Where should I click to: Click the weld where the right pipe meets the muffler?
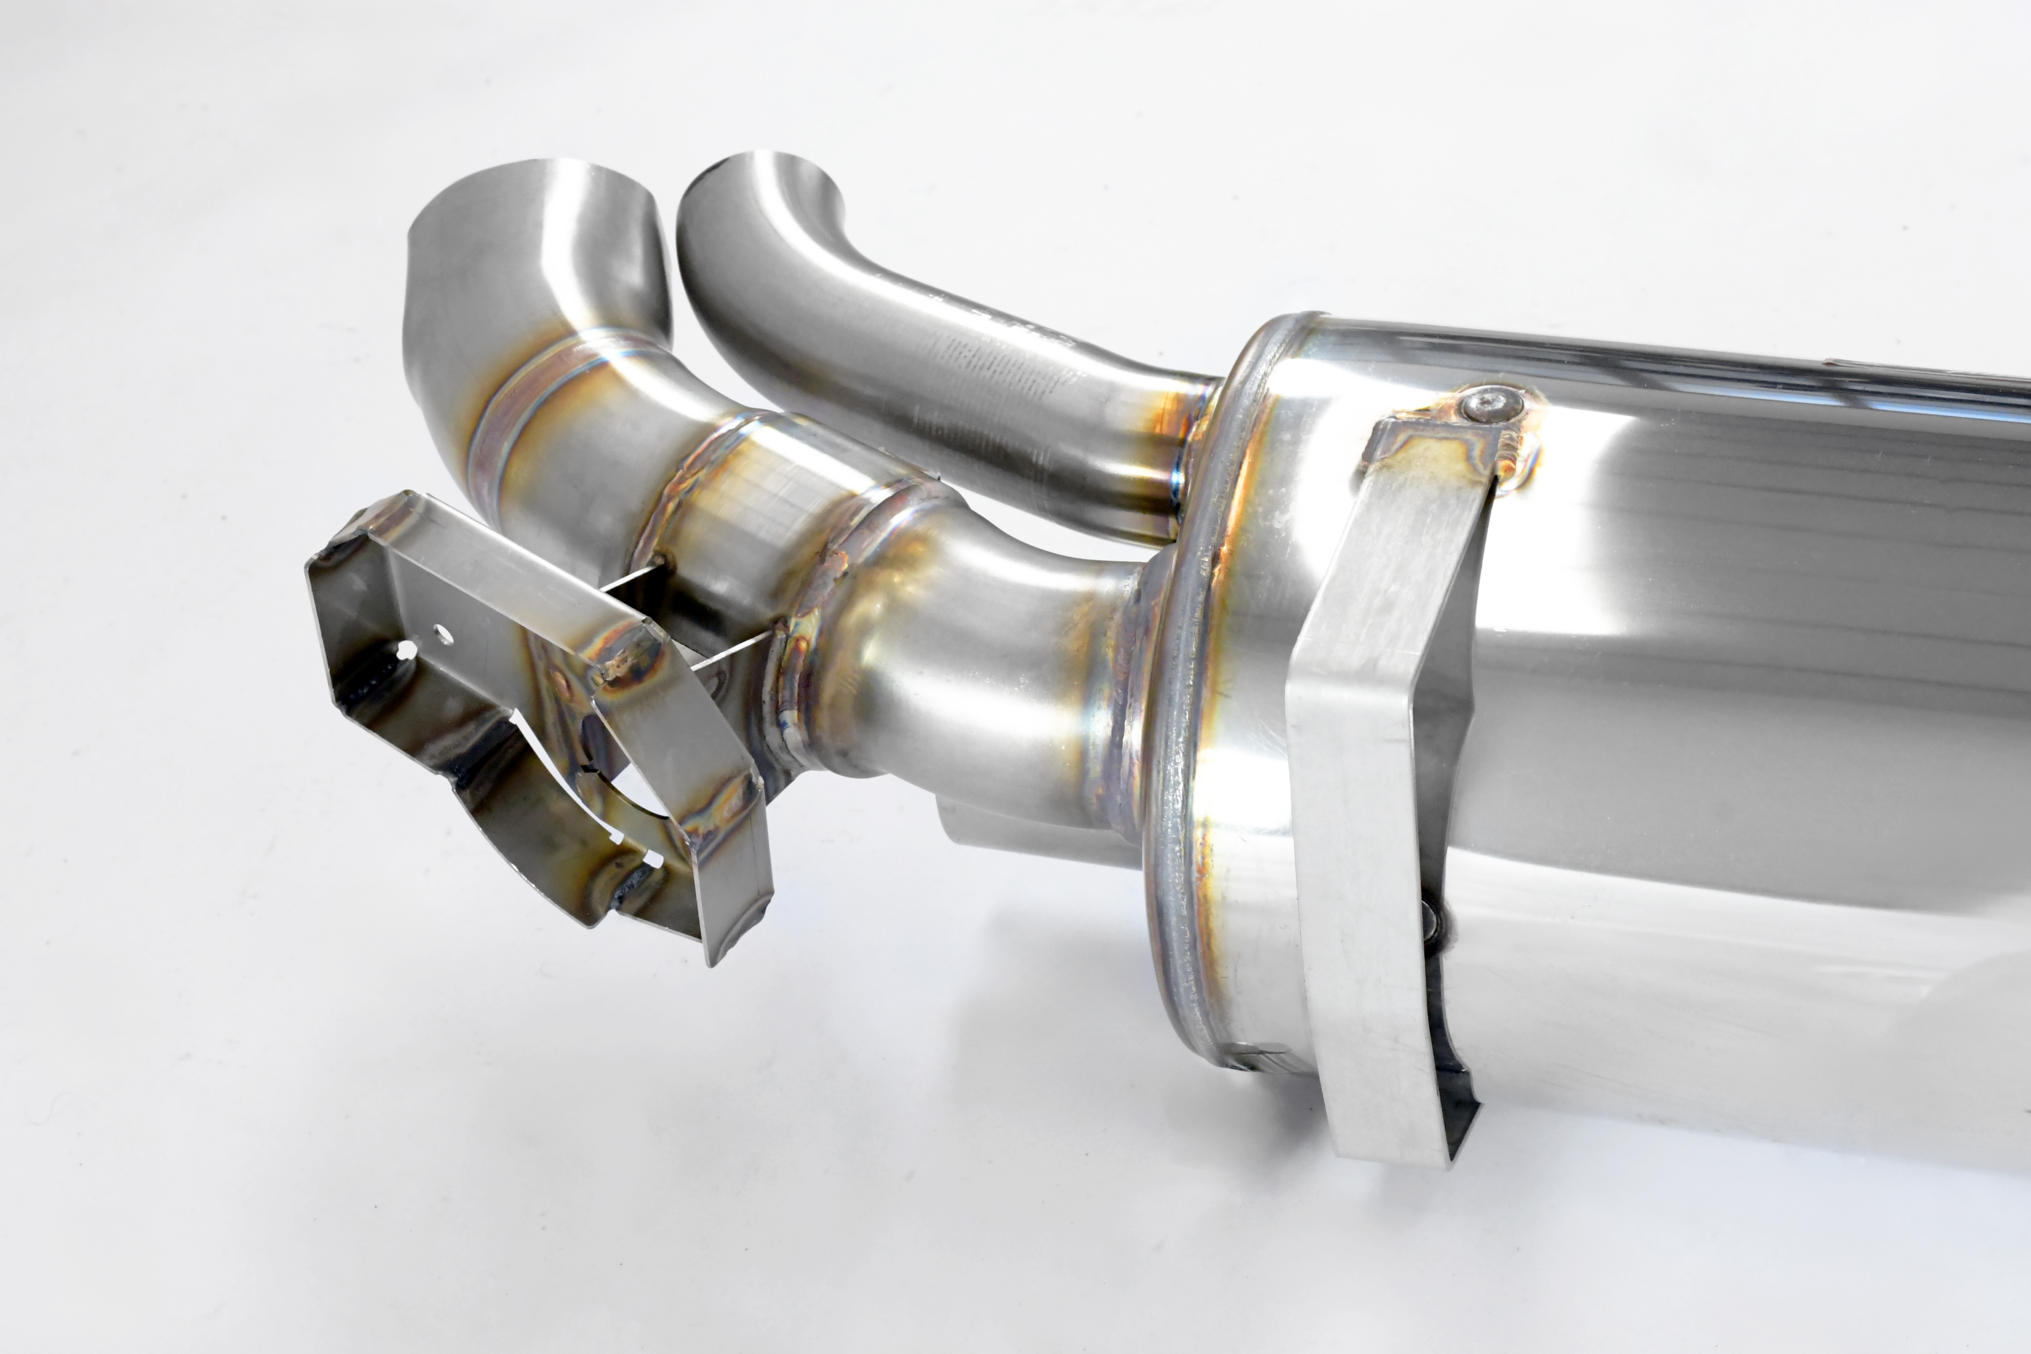[1183, 449]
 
